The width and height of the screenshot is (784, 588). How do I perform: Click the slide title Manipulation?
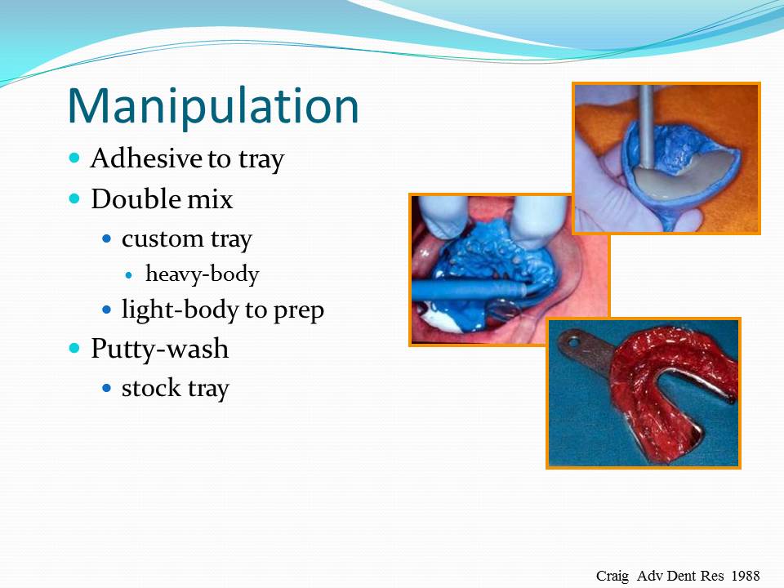pos(213,105)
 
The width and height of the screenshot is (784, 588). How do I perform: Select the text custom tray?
pos(186,239)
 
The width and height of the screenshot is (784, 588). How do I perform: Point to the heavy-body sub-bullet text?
pos(202,274)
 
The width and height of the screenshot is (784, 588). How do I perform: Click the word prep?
pos(299,310)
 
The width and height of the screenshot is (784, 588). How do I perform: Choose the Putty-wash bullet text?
pos(159,349)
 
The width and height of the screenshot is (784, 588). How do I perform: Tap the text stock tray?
pos(175,388)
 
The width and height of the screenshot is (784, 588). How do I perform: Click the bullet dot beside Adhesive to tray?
pos(75,157)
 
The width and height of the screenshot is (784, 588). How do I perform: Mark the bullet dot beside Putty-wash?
pos(75,348)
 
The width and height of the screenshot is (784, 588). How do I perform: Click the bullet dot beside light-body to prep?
pos(107,310)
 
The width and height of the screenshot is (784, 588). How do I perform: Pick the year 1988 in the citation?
pos(746,575)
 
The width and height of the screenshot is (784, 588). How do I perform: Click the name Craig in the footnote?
pos(612,575)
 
